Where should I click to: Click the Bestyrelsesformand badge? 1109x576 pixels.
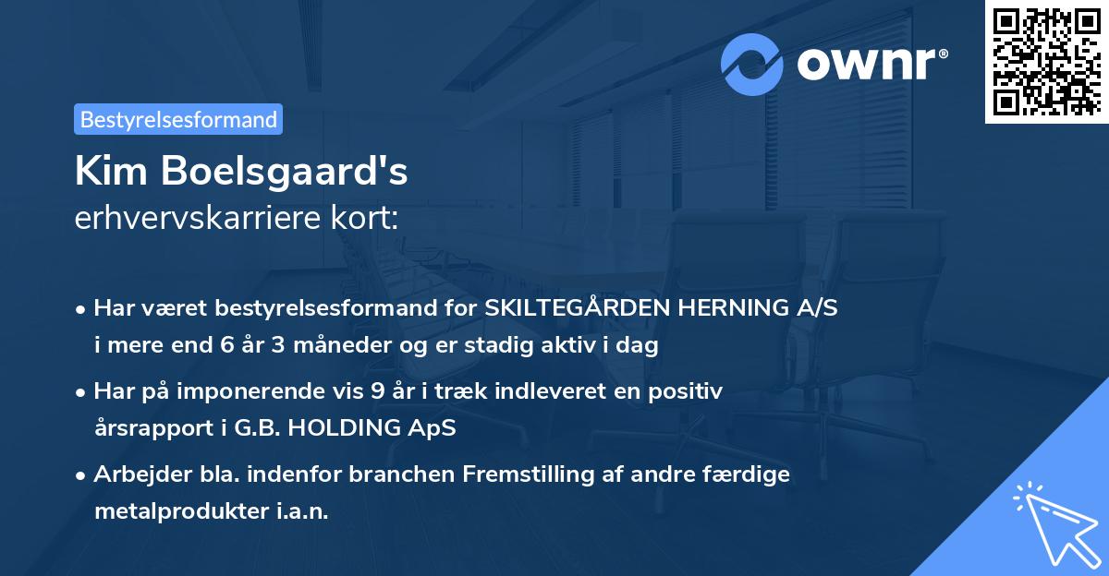coord(178,119)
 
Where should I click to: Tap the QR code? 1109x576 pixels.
coord(1046,62)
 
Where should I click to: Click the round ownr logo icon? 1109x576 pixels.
coord(752,64)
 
